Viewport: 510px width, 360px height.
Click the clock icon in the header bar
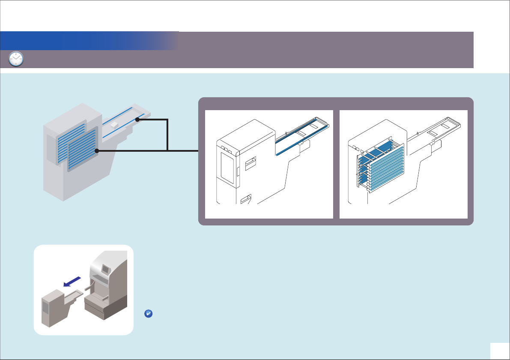click(x=16, y=59)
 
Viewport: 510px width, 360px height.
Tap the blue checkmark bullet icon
click(x=148, y=314)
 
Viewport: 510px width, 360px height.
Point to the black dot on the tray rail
click(x=137, y=120)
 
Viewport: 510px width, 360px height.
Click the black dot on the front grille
click(x=97, y=151)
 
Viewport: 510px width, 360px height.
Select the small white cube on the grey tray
click(x=113, y=124)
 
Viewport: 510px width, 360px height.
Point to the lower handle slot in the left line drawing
click(x=246, y=199)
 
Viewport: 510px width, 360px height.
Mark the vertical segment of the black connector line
click(x=168, y=135)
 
